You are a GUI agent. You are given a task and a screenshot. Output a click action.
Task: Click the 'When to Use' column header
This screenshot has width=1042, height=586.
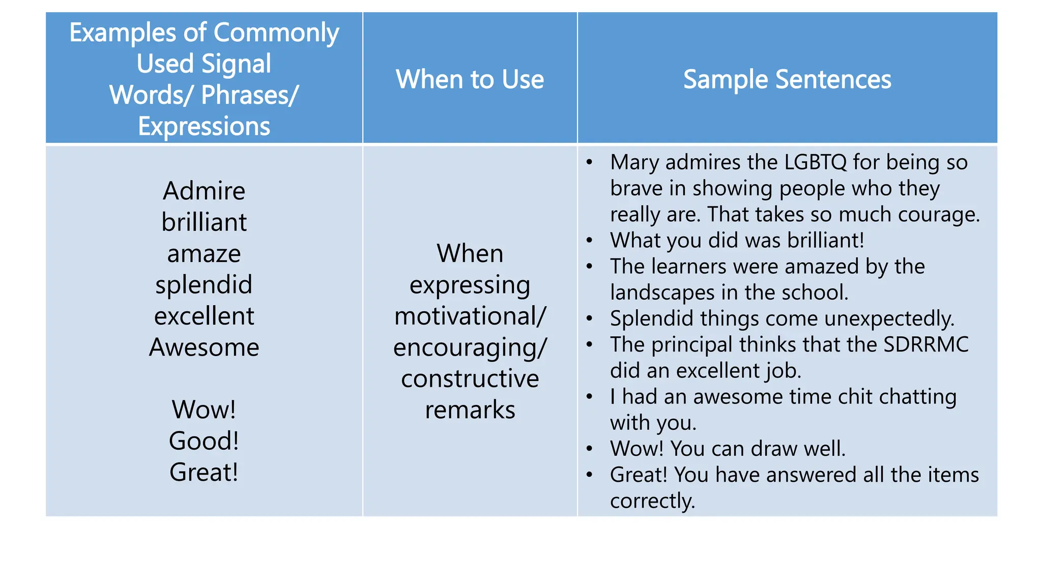point(470,79)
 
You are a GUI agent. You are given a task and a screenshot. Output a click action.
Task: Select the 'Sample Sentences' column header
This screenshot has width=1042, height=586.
point(787,79)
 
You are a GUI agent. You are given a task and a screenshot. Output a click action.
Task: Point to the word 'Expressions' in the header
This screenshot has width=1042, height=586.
point(204,126)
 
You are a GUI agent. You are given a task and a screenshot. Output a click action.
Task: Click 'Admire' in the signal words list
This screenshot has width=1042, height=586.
point(204,191)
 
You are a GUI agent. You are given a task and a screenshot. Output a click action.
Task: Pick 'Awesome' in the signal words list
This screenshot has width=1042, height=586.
point(204,347)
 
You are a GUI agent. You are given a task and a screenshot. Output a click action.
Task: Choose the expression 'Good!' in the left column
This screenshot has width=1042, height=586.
point(204,441)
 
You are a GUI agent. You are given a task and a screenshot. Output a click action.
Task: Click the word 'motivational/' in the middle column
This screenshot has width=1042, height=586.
point(470,316)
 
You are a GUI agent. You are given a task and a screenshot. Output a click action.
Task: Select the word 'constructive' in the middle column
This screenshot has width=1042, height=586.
point(470,379)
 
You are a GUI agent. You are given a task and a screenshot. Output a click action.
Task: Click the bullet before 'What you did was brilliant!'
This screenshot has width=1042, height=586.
point(589,241)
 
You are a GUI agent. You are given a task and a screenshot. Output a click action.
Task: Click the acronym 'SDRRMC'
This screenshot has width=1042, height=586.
point(925,345)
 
